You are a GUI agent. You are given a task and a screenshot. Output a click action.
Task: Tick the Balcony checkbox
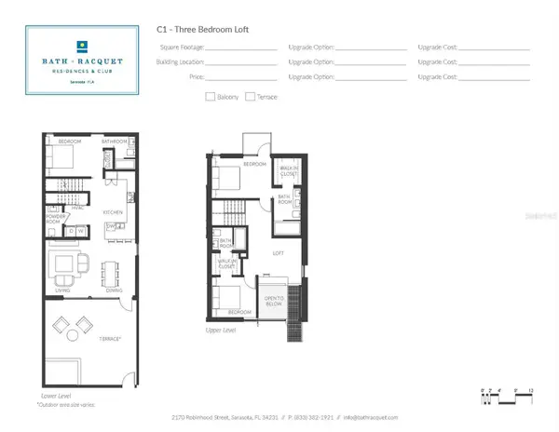[210, 96]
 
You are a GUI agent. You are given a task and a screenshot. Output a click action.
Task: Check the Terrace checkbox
[250, 96]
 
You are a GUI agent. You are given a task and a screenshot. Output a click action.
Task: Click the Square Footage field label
[177, 47]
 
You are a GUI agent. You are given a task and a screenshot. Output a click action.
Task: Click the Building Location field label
[175, 61]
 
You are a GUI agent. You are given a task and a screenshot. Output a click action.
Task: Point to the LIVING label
[63, 290]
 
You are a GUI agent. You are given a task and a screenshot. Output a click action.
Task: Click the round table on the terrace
[71, 327]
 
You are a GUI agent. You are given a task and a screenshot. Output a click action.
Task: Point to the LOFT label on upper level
[277, 252]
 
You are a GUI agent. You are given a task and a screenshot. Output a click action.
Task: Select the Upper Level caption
[220, 330]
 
